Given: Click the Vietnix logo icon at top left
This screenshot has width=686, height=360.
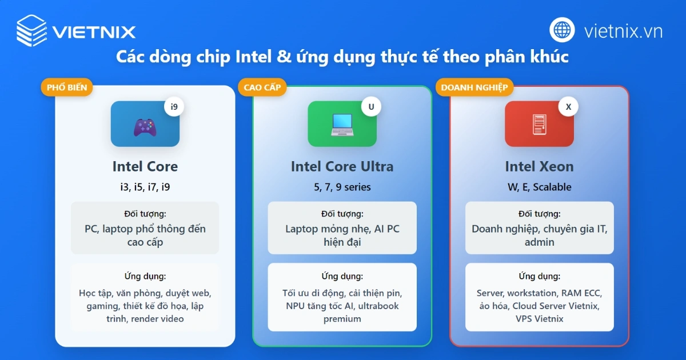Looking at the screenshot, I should (x=31, y=30).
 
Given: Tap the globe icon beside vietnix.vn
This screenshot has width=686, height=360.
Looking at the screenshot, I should (x=563, y=30).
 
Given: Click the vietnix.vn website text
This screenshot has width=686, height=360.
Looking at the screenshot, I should (x=623, y=31).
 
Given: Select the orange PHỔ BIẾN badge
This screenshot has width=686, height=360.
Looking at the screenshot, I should (x=66, y=87).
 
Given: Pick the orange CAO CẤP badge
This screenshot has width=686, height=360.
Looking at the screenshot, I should (x=262, y=87).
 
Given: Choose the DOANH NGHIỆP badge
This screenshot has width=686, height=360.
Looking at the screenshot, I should (x=474, y=87).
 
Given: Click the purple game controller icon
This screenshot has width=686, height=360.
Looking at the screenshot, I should (x=145, y=126).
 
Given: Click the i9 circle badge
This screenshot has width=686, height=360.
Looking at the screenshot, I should (x=174, y=107).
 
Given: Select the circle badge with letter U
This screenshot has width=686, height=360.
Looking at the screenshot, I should (x=371, y=107).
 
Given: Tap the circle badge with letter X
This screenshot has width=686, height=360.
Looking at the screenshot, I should (x=568, y=107).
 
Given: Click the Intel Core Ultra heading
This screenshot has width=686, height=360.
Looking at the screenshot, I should (x=342, y=166).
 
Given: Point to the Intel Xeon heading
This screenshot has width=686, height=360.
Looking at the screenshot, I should (x=539, y=166).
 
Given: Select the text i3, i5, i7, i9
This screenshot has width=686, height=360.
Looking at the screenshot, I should (x=145, y=187).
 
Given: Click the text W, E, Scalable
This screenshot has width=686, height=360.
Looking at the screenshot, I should (x=539, y=187).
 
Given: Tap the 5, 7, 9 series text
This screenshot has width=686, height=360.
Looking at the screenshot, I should (x=342, y=187).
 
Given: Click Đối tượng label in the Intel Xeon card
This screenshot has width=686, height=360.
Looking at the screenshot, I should (x=539, y=214).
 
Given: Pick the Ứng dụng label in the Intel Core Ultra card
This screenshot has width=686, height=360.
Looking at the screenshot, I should (x=342, y=276).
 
